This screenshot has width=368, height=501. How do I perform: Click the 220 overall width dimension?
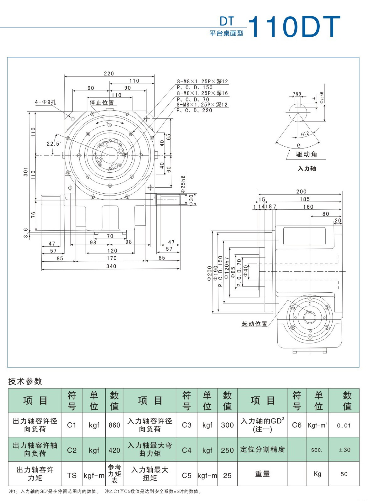coord(109,74)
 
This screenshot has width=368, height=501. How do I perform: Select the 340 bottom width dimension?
coord(111,266)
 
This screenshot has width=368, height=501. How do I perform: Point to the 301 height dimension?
coord(26,171)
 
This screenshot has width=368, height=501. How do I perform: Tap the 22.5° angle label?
coord(54,144)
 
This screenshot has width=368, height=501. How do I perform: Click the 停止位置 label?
coord(102,103)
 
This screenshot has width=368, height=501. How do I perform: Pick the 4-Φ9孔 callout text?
coord(45,102)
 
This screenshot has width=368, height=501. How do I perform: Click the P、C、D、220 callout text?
coord(194,111)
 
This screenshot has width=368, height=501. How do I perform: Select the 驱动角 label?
coord(307,154)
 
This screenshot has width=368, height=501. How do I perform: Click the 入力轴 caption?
coord(307,169)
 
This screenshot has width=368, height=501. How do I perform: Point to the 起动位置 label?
coord(255,324)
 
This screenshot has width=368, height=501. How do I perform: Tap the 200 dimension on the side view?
coord(301,191)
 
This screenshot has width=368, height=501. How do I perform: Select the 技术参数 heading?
coord(25,381)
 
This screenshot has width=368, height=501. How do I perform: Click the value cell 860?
coord(114,425)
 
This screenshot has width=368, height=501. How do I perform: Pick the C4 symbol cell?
coord(187,450)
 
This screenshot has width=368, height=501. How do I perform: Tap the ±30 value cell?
coord(344,450)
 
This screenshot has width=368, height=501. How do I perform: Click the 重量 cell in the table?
coord(262,474)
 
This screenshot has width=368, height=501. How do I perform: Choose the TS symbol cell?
coord(72,475)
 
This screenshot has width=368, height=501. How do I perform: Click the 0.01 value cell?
coord(344,425)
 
